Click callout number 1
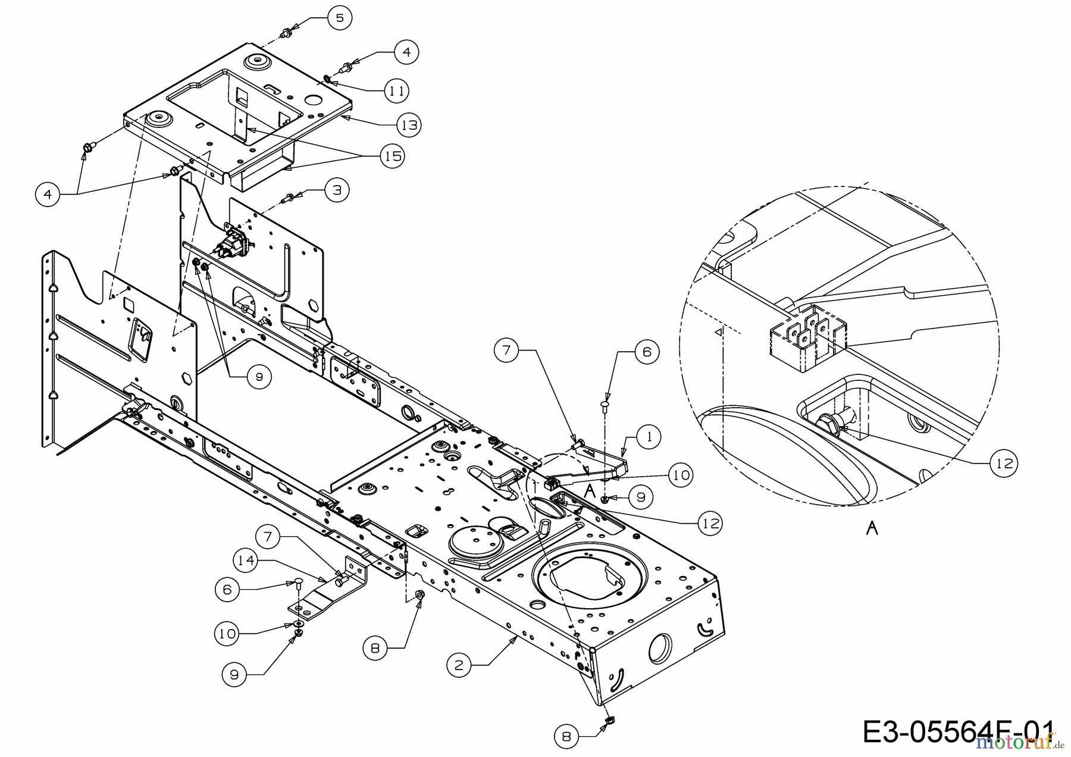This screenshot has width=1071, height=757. click(x=649, y=437)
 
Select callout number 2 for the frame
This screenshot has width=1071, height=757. click(x=458, y=664)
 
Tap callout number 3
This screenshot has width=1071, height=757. click(x=337, y=190)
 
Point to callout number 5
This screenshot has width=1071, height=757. click(x=339, y=18)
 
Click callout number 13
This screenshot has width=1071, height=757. click(x=409, y=125)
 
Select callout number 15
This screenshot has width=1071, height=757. click(x=392, y=156)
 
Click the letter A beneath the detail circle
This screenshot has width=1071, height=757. click(x=872, y=527)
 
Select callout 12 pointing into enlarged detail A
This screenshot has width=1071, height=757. click(x=1004, y=463)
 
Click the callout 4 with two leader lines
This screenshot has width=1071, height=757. click(x=48, y=194)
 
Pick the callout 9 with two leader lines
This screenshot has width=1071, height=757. click(x=259, y=377)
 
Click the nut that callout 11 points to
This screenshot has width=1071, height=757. click(x=328, y=79)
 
